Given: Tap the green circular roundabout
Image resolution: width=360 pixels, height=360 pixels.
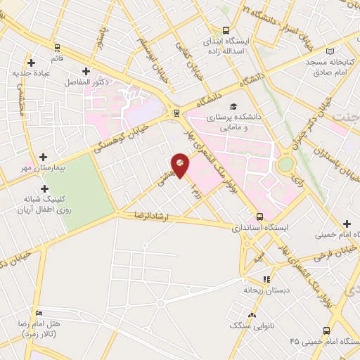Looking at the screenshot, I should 286,165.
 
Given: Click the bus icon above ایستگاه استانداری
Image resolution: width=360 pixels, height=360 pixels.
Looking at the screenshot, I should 260,217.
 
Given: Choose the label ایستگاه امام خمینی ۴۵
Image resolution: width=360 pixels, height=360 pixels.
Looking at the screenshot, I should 323,340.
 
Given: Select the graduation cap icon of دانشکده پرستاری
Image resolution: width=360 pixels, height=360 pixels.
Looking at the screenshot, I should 252,106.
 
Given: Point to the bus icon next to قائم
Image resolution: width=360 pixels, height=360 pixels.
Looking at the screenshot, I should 56,48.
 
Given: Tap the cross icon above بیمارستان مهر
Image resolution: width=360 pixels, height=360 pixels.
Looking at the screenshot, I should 44,157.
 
